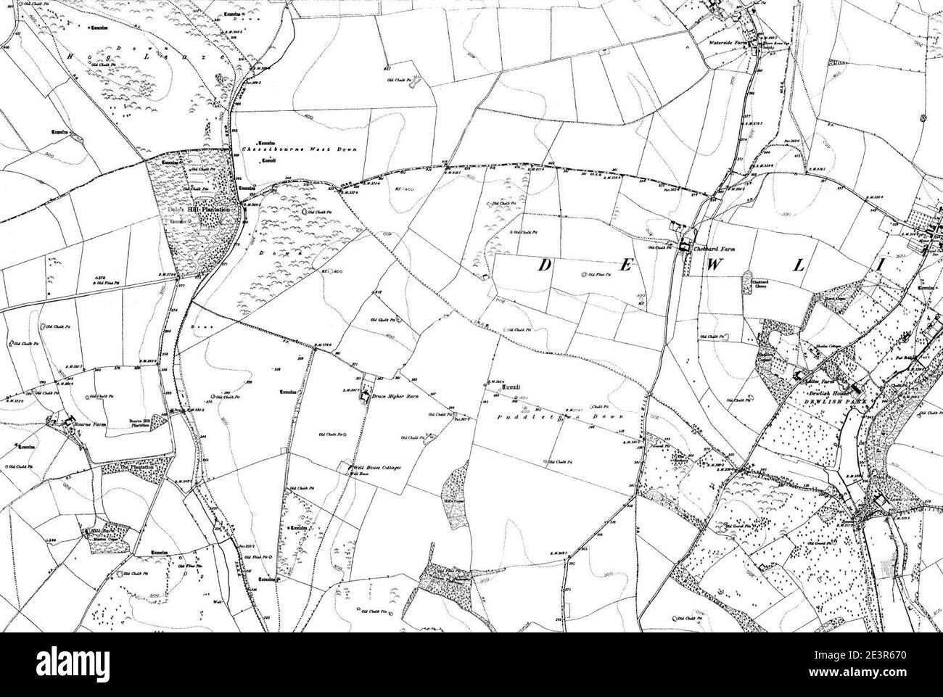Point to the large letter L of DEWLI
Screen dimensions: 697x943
point(799,265)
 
